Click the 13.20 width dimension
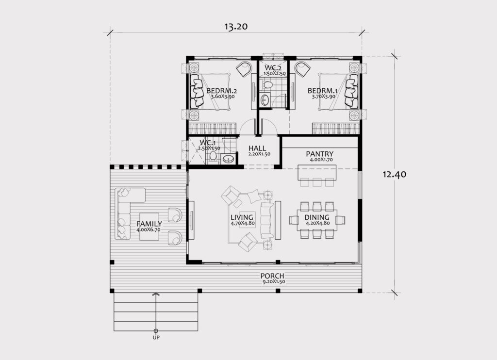[236, 26]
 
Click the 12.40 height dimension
[394, 174]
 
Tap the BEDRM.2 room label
[221, 91]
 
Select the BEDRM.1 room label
[322, 91]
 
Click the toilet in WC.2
[268, 84]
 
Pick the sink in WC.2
[264, 100]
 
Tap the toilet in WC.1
[214, 156]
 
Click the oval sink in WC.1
[229, 159]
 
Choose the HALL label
[257, 148]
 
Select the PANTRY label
[319, 154]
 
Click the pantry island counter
[316, 172]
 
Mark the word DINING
[316, 217]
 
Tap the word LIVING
[242, 217]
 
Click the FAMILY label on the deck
[149, 224]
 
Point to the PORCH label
[272, 276]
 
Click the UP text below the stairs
[156, 338]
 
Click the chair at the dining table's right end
[341, 220]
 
